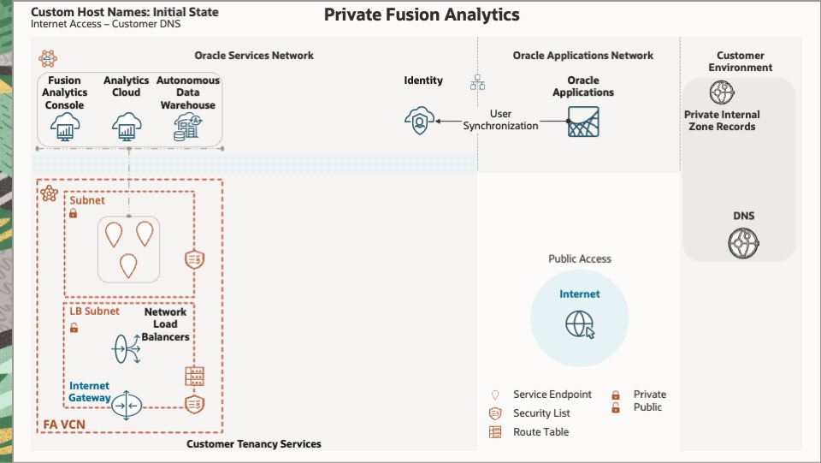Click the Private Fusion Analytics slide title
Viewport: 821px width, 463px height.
click(422, 15)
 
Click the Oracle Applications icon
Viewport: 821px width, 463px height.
click(583, 122)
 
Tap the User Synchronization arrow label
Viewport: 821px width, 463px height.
click(501, 120)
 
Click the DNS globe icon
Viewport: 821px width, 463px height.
click(743, 244)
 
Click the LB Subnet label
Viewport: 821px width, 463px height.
click(95, 312)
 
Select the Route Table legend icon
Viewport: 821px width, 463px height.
click(495, 432)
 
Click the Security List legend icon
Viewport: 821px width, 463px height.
click(495, 413)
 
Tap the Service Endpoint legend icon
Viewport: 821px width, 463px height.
click(495, 395)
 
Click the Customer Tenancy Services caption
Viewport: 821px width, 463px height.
click(254, 444)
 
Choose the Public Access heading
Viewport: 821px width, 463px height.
click(580, 258)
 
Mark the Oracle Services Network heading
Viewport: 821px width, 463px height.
click(254, 56)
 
